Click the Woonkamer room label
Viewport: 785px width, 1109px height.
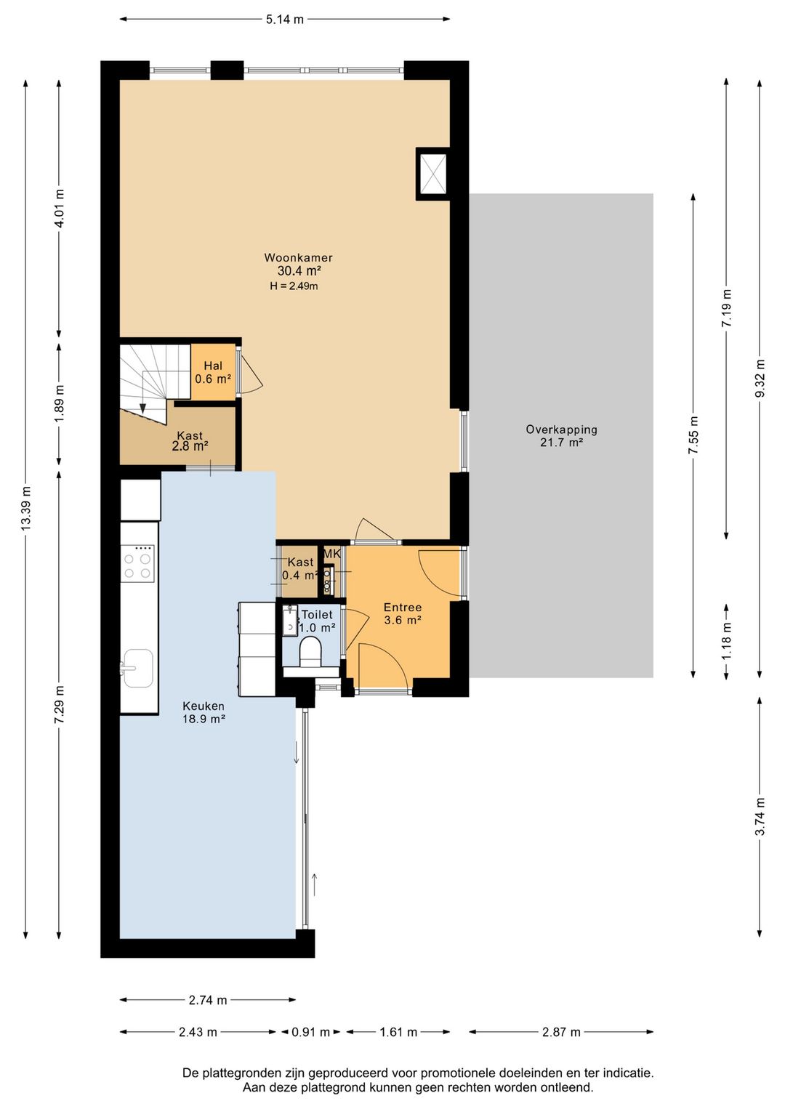tap(298, 257)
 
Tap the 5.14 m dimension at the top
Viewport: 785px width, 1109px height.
tap(285, 20)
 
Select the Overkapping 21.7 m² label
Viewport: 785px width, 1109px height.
tap(561, 436)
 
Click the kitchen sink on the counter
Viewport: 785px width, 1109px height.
tap(138, 668)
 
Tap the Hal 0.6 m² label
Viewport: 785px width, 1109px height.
tap(213, 372)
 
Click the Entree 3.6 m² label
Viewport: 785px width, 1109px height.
tap(403, 613)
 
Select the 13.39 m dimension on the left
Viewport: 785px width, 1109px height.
tap(25, 509)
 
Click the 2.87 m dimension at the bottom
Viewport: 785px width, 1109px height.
tap(560, 1032)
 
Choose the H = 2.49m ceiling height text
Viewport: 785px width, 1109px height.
tap(294, 286)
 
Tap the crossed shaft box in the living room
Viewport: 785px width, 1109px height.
tap(434, 174)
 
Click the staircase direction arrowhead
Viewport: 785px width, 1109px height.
tap(142, 408)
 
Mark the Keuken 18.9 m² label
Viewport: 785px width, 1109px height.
tap(204, 712)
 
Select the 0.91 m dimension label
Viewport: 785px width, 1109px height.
tap(310, 1032)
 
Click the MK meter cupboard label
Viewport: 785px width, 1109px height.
tap(332, 554)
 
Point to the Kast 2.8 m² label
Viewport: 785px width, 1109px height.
tap(190, 441)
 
